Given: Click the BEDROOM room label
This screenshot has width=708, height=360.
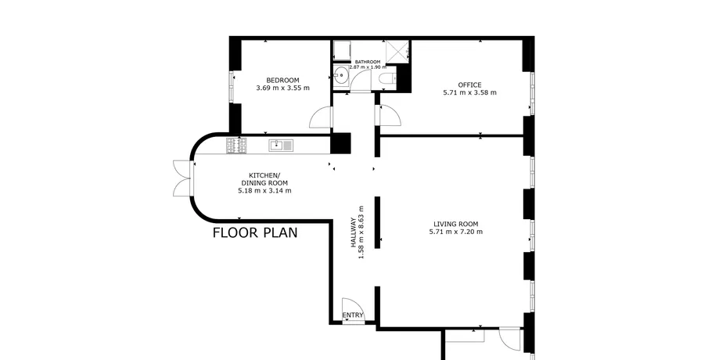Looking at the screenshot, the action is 282,81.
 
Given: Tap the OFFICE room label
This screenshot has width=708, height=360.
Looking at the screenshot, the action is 469,85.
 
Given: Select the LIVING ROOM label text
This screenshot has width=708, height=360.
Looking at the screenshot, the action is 455,224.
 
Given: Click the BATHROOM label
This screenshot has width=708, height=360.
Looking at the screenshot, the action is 368,62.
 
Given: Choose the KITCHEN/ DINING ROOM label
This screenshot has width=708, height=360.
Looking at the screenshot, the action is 264,179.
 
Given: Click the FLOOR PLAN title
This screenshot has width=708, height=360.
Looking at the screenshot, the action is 255,232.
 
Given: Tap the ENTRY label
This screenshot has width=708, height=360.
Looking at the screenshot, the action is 353,315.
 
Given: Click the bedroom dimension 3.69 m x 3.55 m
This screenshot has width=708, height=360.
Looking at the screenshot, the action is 282,88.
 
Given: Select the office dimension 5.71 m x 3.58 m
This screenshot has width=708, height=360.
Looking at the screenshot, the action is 469,92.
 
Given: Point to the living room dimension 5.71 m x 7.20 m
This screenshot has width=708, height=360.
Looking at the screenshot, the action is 455,232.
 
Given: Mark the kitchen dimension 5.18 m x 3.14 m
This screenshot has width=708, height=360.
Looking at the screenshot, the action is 264,191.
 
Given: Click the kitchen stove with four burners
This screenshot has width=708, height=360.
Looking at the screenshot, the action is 236,146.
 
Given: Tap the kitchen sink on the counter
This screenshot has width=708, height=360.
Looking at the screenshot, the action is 282,145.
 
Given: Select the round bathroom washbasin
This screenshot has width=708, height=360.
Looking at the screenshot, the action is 340,75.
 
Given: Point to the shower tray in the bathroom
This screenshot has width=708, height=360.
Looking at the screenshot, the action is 397,51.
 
